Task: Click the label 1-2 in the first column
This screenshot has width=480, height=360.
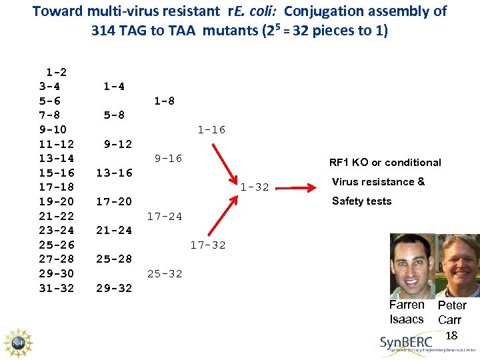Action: [x=56, y=71]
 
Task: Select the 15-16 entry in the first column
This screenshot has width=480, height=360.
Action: [x=57, y=173]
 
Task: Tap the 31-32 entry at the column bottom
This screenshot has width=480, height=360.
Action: [x=57, y=288]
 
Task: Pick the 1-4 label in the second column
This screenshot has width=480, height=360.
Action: [x=114, y=86]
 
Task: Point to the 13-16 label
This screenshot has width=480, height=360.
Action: [x=114, y=173]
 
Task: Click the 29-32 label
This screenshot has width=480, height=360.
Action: [x=114, y=288]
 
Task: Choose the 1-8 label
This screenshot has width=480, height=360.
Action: [x=164, y=101]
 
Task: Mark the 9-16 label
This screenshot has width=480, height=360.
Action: [x=168, y=158]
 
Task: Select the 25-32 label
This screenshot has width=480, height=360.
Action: [x=164, y=273]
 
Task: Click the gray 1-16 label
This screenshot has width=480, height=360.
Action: [x=211, y=130]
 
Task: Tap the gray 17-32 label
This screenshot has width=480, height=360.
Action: [x=208, y=245]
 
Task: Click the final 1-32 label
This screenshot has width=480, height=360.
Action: [x=255, y=187]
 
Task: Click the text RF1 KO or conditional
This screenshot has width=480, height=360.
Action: [x=385, y=163]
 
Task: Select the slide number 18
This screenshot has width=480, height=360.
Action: [x=451, y=335]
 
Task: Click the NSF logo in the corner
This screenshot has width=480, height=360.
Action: [x=18, y=343]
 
